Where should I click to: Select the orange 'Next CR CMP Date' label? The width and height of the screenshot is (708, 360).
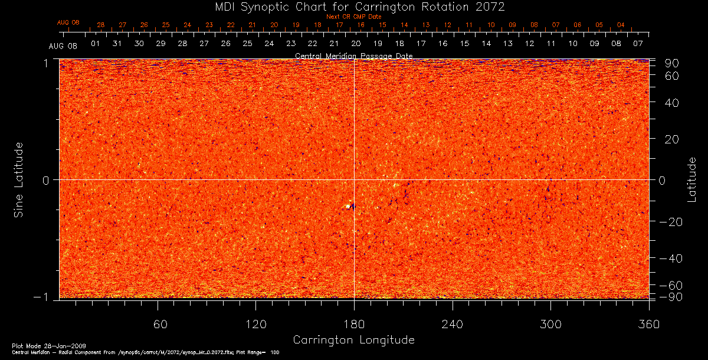[353, 17]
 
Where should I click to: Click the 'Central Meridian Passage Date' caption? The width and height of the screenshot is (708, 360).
[353, 56]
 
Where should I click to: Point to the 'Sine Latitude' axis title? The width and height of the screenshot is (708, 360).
[19, 179]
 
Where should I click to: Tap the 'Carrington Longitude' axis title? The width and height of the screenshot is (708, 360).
[353, 340]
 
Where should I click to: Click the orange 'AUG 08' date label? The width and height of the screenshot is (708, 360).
[68, 22]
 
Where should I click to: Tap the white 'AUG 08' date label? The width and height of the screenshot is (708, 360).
[63, 46]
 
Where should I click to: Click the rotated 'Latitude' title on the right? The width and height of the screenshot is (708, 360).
[691, 179]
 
